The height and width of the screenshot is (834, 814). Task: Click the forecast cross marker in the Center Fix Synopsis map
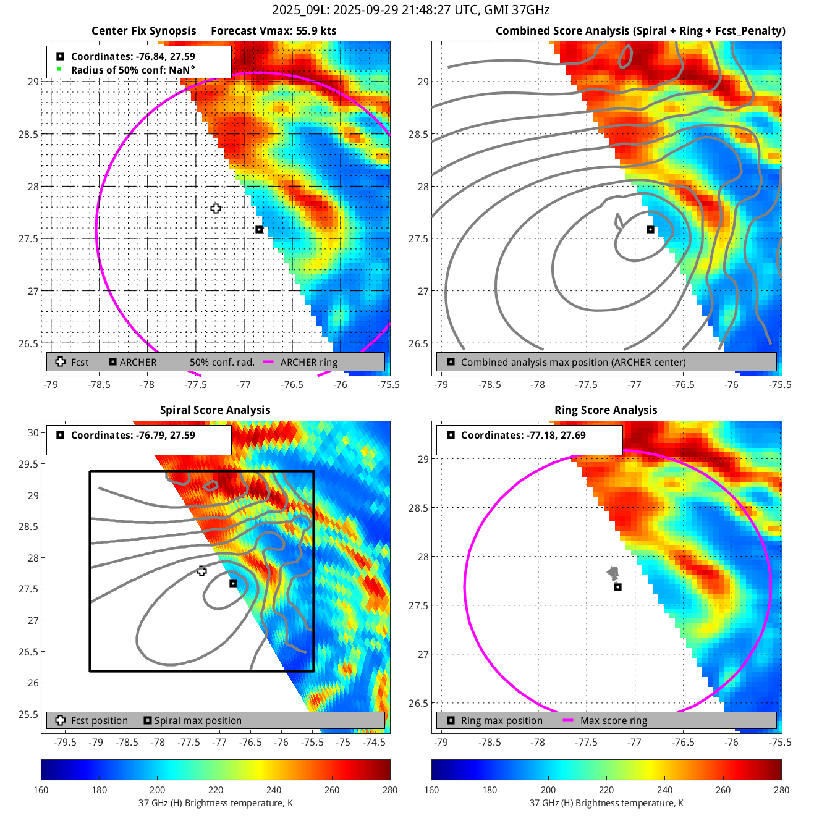216,208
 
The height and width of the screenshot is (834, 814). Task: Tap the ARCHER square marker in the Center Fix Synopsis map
260,230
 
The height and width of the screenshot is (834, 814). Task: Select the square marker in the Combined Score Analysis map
650,230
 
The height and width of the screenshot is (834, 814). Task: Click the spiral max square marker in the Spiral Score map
233,584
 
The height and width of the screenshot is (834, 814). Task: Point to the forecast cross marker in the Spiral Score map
202,571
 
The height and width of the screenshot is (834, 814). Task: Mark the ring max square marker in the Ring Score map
617,587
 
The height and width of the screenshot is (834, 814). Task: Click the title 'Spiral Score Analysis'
215,410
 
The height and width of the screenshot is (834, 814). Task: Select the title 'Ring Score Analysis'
606,410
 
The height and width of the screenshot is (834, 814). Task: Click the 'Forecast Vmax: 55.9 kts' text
273,31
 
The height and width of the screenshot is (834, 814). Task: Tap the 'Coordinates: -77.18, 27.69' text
523,436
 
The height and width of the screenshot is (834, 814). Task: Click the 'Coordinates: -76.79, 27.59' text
133,436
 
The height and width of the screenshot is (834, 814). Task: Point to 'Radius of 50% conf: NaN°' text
133,70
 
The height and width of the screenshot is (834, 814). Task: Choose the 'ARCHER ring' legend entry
309,363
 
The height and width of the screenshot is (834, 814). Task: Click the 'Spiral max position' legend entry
198,721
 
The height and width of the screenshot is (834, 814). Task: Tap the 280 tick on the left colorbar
390,790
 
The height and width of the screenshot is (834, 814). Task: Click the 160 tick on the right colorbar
431,790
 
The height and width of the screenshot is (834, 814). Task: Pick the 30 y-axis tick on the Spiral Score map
33,433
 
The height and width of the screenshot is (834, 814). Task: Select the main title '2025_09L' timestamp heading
410,10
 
